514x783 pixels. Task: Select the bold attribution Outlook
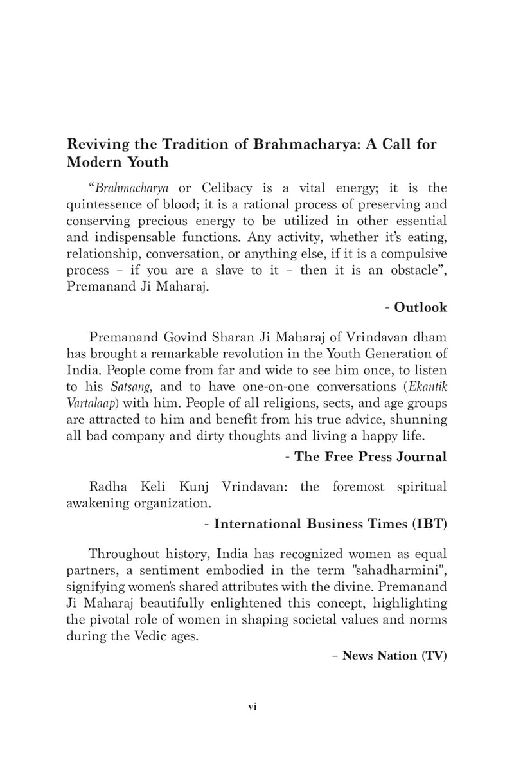(x=420, y=307)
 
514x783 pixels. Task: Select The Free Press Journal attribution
(x=370, y=457)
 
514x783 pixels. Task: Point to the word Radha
(x=109, y=487)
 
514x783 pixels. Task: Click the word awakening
(x=101, y=503)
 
